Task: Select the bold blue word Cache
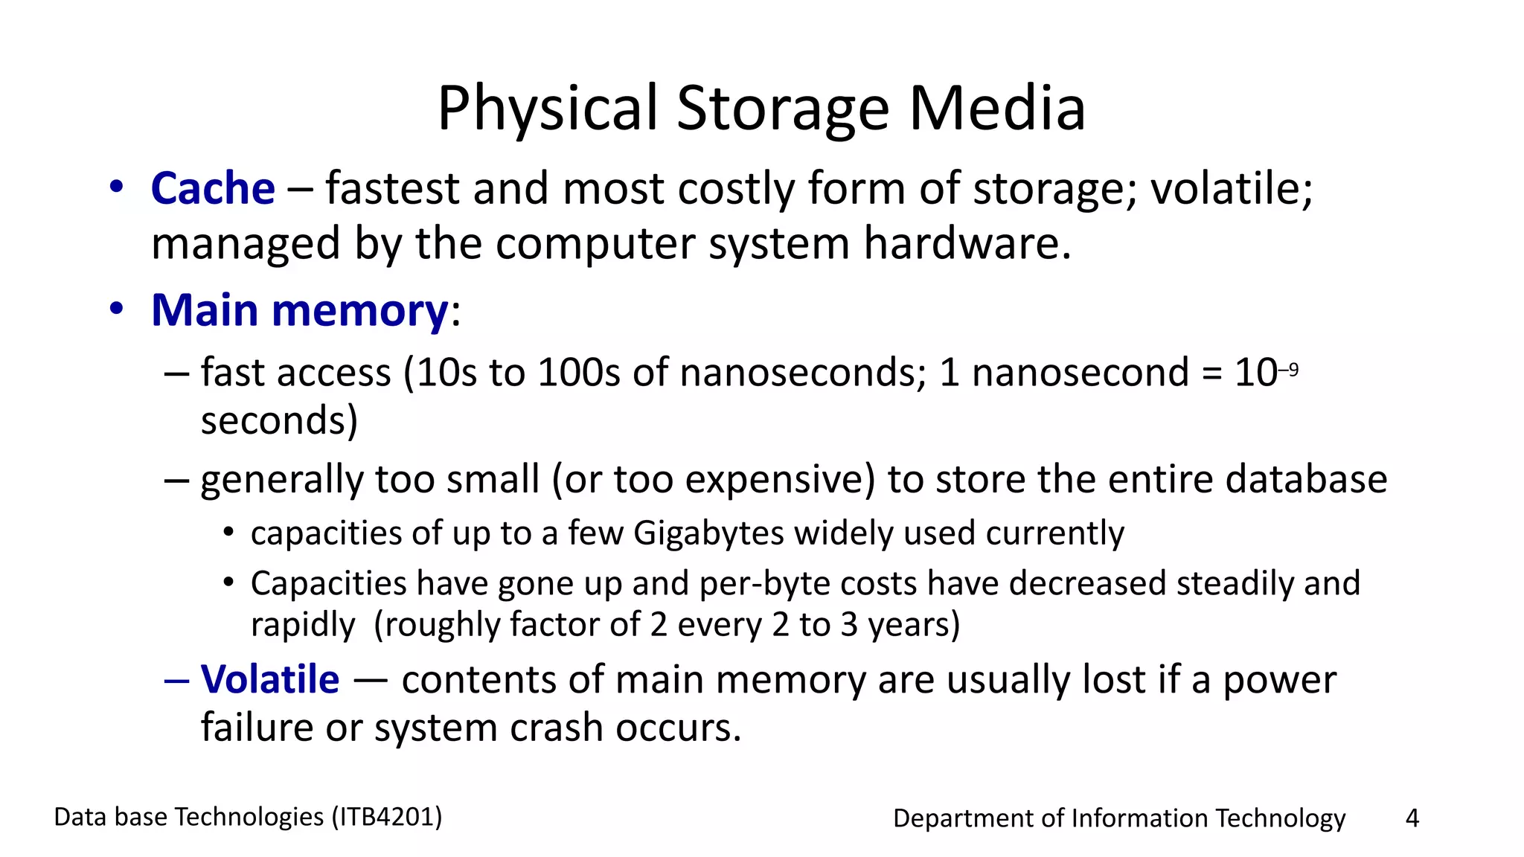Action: pos(213,188)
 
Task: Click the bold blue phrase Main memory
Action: pos(299,310)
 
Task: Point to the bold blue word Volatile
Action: pos(270,679)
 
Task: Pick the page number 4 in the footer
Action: pos(1412,818)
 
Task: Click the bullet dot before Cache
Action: pos(116,187)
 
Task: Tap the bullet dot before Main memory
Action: pos(116,309)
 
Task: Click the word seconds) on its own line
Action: pos(279,421)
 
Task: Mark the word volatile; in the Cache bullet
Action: pos(1232,188)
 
